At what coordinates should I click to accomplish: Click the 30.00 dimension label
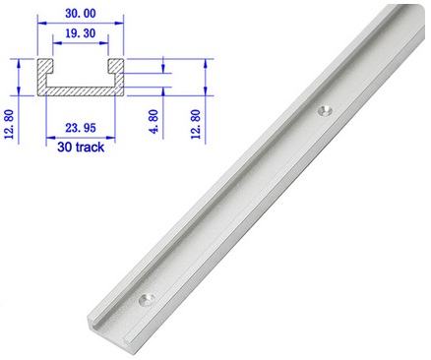click(81, 14)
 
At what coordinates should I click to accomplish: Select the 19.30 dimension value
click(81, 33)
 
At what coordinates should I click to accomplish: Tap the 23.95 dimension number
click(81, 128)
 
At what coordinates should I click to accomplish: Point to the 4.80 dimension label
click(154, 121)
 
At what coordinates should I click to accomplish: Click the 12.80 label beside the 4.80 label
click(196, 124)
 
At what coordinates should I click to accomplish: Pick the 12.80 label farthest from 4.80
click(9, 124)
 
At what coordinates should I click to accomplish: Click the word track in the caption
click(90, 147)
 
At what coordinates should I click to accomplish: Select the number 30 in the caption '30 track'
click(64, 147)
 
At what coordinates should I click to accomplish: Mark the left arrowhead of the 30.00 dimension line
click(42, 23)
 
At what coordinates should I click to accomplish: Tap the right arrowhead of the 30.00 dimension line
click(119, 23)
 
